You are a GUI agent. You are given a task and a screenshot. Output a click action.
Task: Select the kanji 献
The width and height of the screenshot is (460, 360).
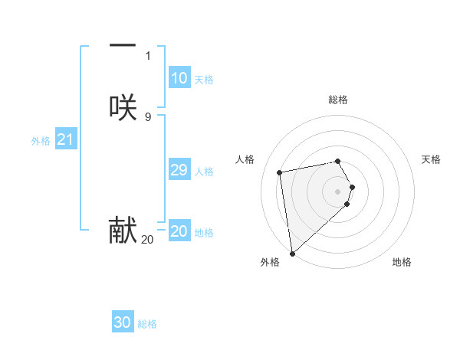click(x=123, y=231)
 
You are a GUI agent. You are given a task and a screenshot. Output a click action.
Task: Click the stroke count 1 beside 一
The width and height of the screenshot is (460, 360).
click(x=148, y=55)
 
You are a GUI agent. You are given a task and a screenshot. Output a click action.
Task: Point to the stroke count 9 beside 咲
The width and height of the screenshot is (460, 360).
click(x=148, y=116)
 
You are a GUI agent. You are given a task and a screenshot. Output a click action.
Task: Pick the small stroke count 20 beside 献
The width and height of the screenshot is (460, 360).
click(x=147, y=240)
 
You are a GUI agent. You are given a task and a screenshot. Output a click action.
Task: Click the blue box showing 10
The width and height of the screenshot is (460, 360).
click(x=179, y=78)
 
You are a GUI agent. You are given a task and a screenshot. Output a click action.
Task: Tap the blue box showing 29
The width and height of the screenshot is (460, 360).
click(x=179, y=170)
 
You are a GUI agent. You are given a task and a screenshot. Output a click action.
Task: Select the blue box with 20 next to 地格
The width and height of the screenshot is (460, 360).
click(x=179, y=231)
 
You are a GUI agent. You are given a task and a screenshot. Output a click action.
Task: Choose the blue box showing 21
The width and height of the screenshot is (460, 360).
click(x=65, y=139)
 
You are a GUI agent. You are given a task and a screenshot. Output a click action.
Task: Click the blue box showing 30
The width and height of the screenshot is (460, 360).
click(x=123, y=322)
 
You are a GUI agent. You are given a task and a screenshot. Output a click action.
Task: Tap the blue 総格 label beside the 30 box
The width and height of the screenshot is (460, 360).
click(x=147, y=324)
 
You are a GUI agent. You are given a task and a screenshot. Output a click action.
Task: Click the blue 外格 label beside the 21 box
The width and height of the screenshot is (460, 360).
click(x=41, y=141)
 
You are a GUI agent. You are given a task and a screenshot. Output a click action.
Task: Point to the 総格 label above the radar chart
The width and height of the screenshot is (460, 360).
click(x=338, y=100)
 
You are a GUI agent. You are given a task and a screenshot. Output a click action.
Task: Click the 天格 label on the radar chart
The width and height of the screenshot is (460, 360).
click(x=431, y=159)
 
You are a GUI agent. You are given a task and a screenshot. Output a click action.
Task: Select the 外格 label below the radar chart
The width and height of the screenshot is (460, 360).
click(x=270, y=262)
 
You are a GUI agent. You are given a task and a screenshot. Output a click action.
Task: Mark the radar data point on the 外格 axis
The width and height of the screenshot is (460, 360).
click(x=292, y=253)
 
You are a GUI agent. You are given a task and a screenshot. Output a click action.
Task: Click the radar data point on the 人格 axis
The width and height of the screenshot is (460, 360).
click(x=280, y=172)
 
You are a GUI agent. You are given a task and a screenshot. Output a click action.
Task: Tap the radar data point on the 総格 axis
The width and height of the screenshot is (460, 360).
click(x=338, y=161)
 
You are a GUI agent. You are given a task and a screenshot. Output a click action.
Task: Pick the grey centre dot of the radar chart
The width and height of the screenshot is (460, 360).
click(x=338, y=190)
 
